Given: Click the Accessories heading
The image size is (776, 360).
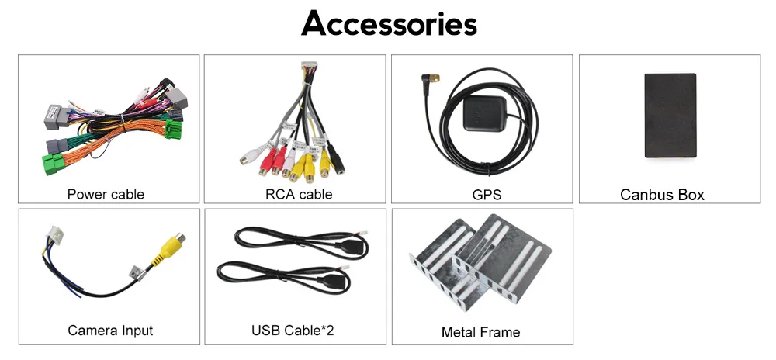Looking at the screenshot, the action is click(389, 23).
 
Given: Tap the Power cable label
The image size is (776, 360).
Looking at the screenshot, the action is click(106, 194).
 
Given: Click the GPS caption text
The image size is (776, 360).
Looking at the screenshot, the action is click(487, 194).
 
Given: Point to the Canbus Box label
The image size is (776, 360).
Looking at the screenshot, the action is click(662, 195).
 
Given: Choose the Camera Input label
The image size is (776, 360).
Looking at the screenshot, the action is click(110, 331).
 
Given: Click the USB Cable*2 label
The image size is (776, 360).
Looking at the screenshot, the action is click(293, 331).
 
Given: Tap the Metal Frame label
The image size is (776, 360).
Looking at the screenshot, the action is click(480, 332).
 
